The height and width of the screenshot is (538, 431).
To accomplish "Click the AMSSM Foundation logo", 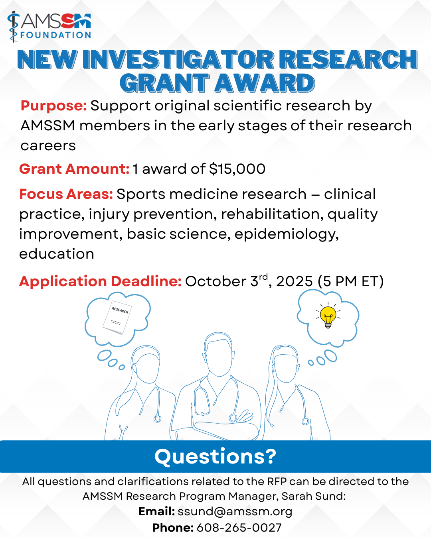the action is click(x=49, y=26).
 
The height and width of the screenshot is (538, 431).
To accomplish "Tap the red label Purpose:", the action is click(x=53, y=106).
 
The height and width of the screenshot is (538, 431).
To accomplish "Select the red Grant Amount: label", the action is click(x=74, y=169).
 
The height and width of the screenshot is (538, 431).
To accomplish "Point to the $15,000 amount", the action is click(x=237, y=169).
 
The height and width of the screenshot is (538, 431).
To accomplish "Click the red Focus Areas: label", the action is click(x=66, y=194).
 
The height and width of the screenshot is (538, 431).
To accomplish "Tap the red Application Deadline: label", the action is click(x=101, y=281).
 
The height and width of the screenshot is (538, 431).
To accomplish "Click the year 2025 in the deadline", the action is click(x=295, y=281).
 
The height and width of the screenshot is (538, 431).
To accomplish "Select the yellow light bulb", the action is click(x=328, y=317).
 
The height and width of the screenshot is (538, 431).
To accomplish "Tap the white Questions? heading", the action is click(x=215, y=457).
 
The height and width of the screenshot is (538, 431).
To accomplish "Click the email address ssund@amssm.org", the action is click(x=235, y=512).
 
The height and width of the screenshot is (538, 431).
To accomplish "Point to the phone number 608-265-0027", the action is click(x=239, y=528).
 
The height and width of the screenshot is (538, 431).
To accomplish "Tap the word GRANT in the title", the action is click(x=164, y=83).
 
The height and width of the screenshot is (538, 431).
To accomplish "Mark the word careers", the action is click(x=48, y=146).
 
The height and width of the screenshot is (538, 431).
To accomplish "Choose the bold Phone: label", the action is click(x=173, y=528).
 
